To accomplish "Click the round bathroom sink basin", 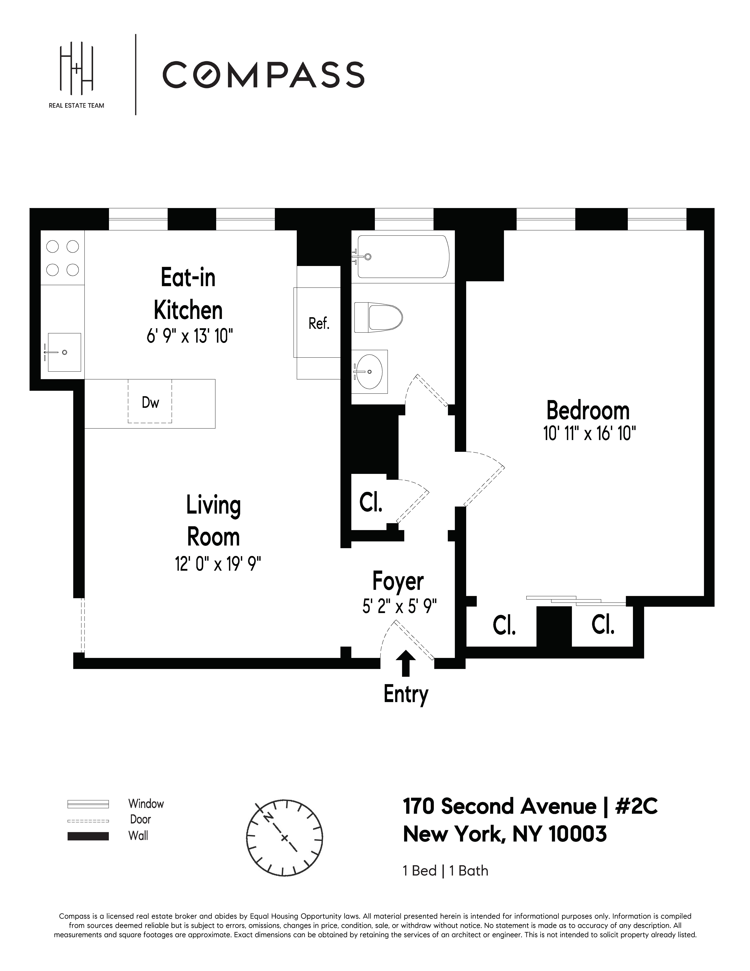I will (369, 371).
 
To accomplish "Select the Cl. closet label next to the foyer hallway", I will (371, 503).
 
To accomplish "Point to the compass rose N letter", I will (268, 817).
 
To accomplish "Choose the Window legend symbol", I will (88, 804).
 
